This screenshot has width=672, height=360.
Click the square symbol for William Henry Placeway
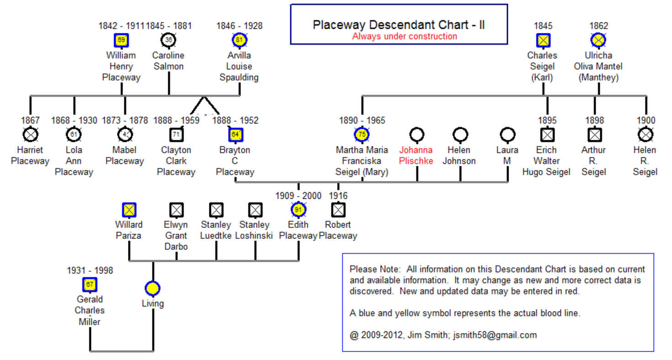click(x=121, y=40)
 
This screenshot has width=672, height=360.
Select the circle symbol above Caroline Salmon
click(x=169, y=40)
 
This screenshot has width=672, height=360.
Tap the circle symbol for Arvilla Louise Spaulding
click(x=239, y=40)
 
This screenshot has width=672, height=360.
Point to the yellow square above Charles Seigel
click(x=543, y=40)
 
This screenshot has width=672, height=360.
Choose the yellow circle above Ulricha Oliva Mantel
click(x=598, y=40)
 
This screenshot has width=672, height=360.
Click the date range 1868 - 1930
click(x=74, y=121)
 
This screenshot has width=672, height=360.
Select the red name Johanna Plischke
click(x=416, y=155)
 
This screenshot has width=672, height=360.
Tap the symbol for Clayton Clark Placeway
click(x=176, y=135)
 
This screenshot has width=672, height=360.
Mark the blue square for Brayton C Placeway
click(x=235, y=135)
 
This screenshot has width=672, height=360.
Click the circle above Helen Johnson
click(x=460, y=135)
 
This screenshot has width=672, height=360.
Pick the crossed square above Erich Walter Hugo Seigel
click(x=547, y=135)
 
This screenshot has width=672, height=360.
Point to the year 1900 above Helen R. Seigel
click(x=646, y=121)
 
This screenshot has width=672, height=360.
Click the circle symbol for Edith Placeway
click(x=298, y=210)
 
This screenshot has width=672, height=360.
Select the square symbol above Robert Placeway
click(x=338, y=210)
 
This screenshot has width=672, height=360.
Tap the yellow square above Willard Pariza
click(x=129, y=210)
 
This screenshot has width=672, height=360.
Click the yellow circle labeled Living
click(x=152, y=289)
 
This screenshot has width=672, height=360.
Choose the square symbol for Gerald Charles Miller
click(x=90, y=285)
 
